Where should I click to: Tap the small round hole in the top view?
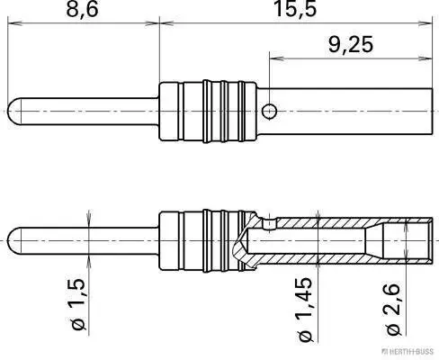click(269, 111)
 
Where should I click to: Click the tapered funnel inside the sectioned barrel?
click(369, 241)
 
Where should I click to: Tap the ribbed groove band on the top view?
click(212, 112)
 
